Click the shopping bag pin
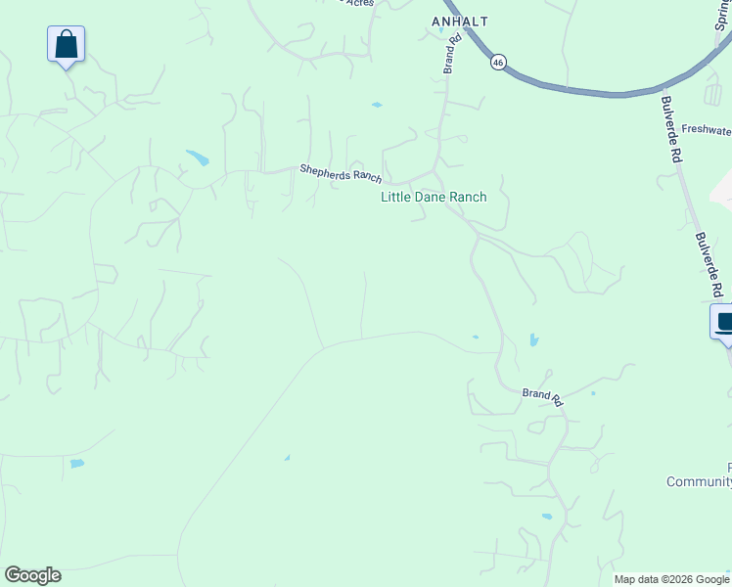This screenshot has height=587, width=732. (66, 45)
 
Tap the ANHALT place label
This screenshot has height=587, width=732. (459, 21)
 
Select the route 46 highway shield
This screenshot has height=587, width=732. (499, 62)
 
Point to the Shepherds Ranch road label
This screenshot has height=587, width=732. (340, 173)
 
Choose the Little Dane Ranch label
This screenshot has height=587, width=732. (434, 197)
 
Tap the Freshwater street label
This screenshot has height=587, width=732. (706, 129)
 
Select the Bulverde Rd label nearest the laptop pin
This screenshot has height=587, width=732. (709, 264)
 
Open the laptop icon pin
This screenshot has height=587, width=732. (724, 322)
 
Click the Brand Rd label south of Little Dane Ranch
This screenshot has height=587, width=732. (542, 396)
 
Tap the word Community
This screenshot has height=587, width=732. (699, 481)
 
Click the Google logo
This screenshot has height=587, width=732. (32, 575)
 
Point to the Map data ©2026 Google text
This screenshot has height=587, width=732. (671, 579)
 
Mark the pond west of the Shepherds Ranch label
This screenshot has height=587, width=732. (198, 158)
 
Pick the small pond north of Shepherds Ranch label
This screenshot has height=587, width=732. (377, 105)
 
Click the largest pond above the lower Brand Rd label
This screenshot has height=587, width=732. (533, 340)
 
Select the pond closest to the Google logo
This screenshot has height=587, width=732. (76, 463)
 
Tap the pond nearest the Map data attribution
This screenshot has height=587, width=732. (547, 516)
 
